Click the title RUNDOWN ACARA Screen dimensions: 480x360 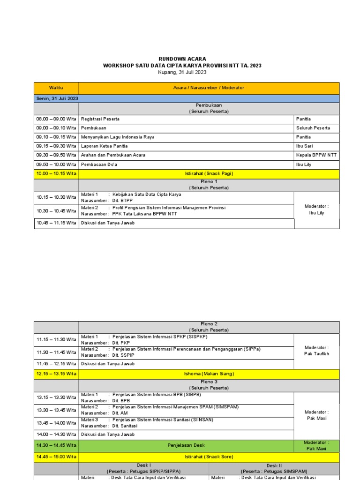[x=182, y=59]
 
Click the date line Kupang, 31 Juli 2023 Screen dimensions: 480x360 [x=182, y=72]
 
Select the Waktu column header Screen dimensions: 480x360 [x=56, y=88]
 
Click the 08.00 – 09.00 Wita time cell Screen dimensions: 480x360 [x=56, y=119]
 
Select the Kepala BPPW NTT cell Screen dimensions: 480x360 [x=316, y=155]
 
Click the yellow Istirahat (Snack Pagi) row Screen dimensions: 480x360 [x=209, y=173]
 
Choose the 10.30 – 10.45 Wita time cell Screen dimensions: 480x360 [x=56, y=211]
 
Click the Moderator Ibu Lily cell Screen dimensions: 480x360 [x=316, y=210]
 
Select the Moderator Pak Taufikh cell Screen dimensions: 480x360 [x=316, y=351]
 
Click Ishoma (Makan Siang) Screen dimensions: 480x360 [x=209, y=374]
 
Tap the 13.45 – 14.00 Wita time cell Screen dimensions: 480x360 [x=56, y=423]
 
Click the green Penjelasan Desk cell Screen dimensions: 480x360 [x=186, y=445]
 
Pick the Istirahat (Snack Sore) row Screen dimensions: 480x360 [x=209, y=457]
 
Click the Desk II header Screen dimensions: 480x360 [x=274, y=467]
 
